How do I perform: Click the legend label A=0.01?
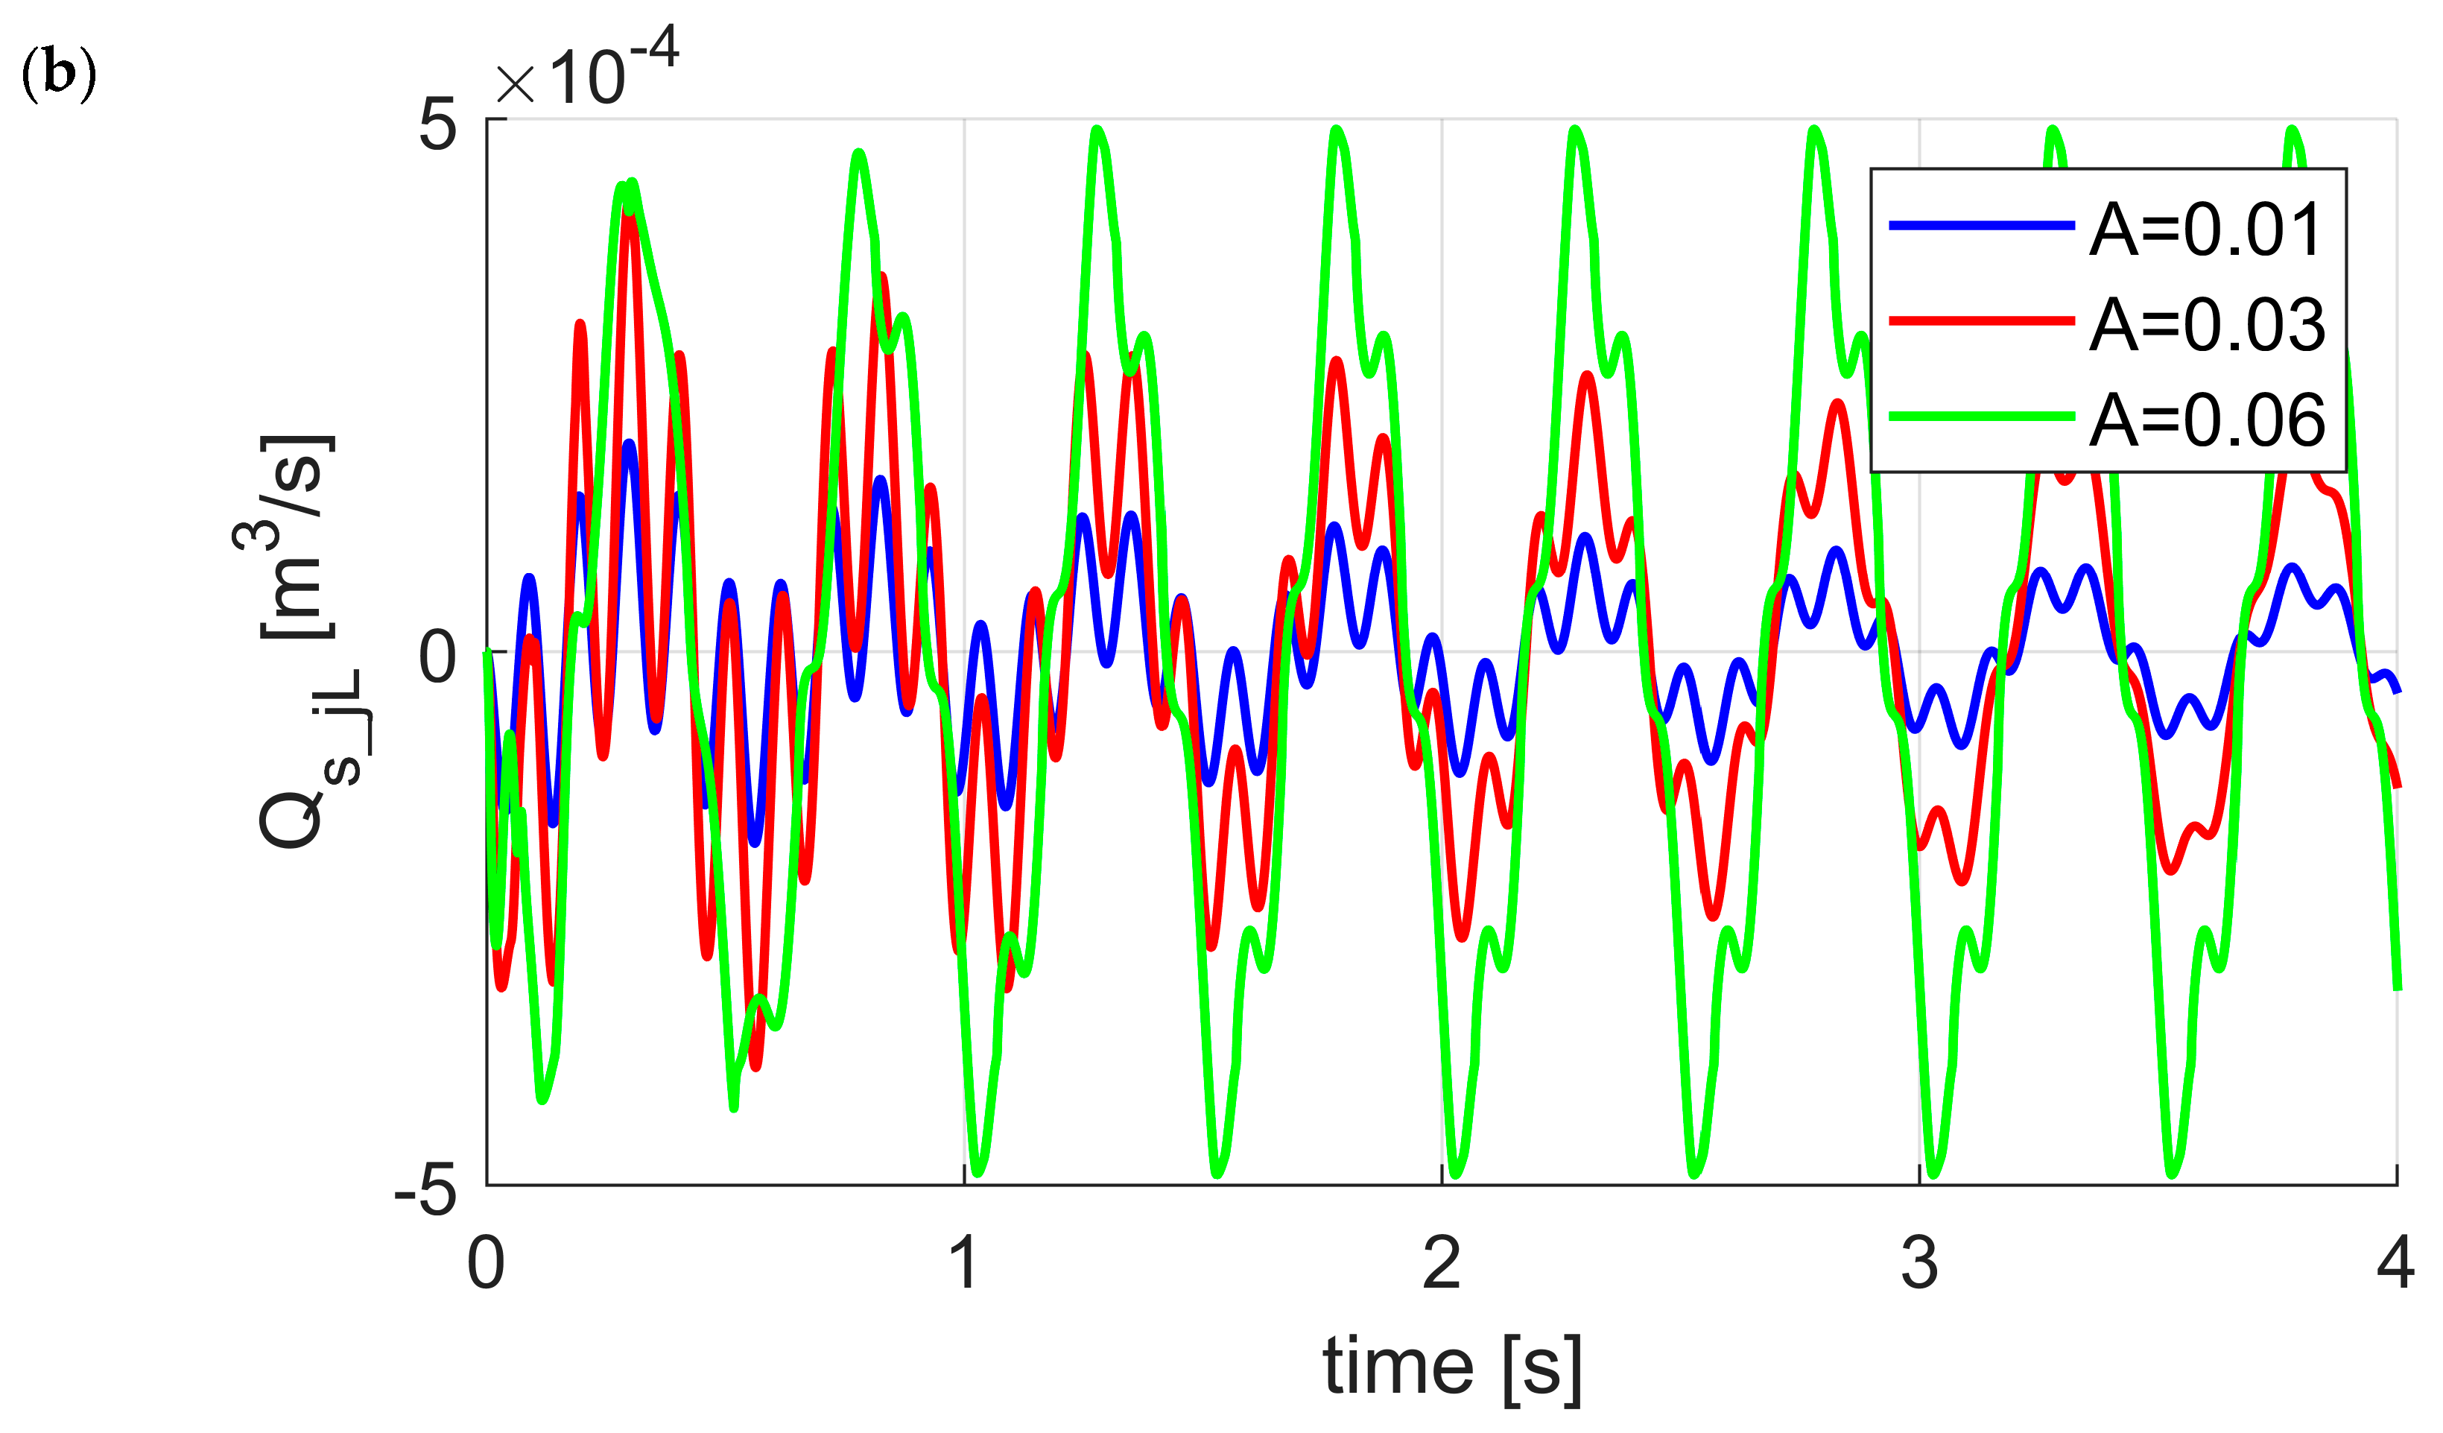2207,231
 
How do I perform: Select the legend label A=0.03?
2207,325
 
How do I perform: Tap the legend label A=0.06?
2207,421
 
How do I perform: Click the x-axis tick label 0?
486,1263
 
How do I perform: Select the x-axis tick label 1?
963,1263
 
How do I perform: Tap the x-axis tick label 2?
1442,1263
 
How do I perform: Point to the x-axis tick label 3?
1919,1263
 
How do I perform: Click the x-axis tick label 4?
2395,1263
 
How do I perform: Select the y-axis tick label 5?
437,126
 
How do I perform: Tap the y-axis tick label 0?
437,657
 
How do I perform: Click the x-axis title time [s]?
1451,1367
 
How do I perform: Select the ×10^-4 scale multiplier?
586,70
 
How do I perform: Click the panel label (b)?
58,75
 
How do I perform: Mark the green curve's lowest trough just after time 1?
977,1173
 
